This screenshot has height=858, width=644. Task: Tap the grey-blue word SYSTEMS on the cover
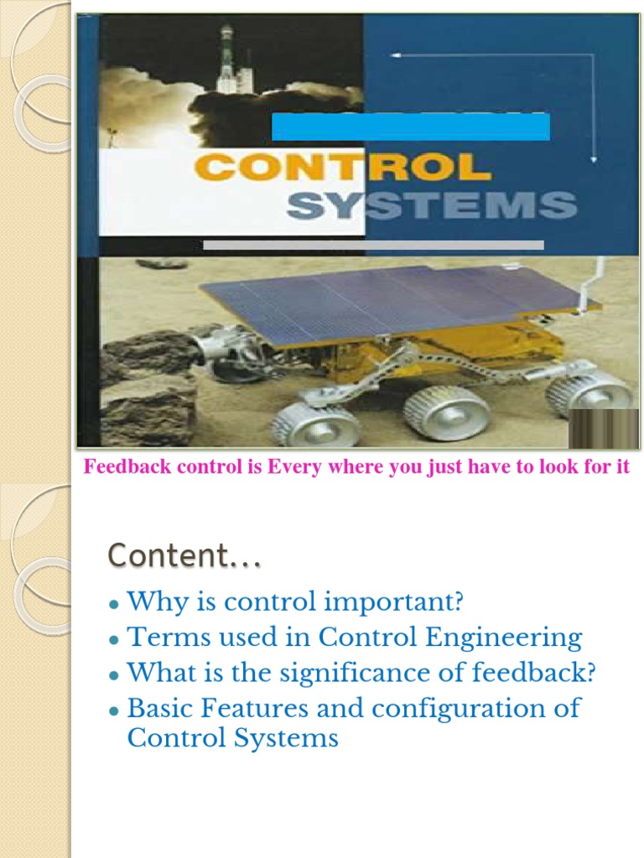coord(431,205)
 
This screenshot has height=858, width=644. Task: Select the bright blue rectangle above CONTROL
coord(411,127)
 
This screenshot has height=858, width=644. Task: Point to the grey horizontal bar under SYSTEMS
coord(373,246)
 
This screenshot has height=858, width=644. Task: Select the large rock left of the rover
coord(147,385)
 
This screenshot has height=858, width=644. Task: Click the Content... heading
coord(184,555)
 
